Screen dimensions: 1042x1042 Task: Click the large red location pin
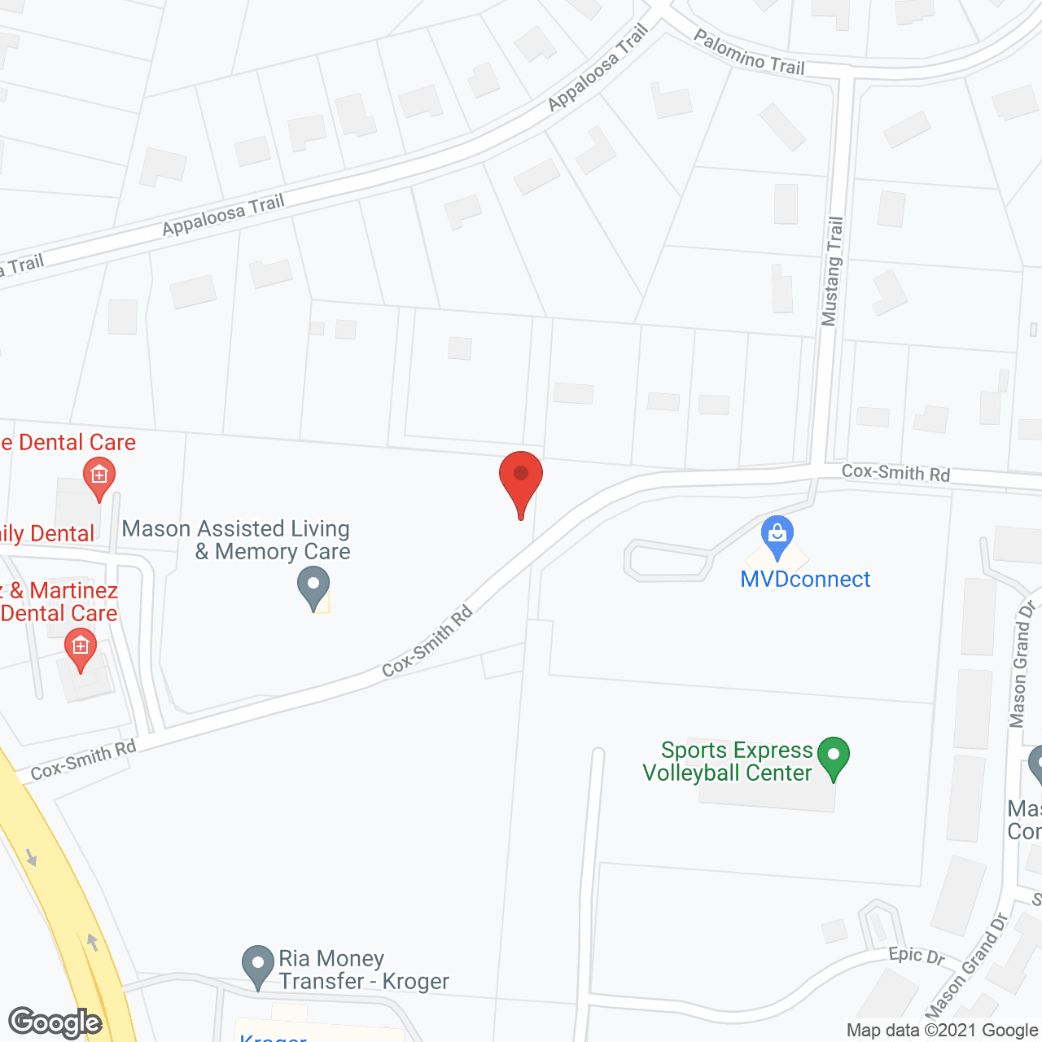click(521, 480)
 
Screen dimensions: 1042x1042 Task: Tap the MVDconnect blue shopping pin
click(777, 536)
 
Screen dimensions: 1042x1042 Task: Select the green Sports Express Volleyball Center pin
click(833, 756)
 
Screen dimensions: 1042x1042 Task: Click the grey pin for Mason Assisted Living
click(313, 586)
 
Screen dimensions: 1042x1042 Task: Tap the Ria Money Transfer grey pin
click(258, 965)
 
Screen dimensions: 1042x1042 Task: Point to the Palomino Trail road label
click(749, 54)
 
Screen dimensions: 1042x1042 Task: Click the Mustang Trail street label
click(831, 271)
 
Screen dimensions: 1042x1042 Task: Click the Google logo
click(55, 1022)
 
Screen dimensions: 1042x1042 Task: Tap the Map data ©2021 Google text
click(943, 1031)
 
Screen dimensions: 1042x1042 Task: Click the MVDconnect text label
click(805, 580)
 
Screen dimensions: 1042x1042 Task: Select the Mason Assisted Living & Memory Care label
click(236, 541)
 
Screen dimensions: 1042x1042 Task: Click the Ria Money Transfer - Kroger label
click(363, 970)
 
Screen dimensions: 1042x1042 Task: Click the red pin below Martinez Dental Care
click(80, 650)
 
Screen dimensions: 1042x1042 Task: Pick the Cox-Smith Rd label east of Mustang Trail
click(895, 473)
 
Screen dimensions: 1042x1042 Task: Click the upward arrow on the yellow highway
click(93, 942)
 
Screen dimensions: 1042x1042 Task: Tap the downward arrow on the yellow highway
click(32, 857)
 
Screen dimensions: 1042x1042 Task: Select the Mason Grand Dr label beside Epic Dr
click(967, 965)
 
